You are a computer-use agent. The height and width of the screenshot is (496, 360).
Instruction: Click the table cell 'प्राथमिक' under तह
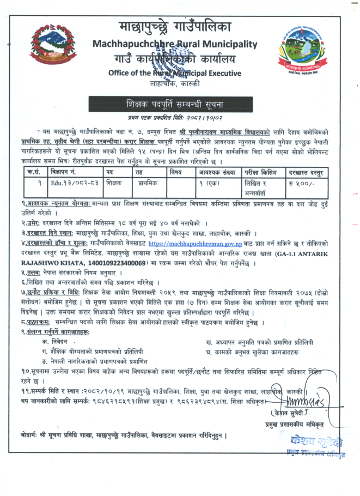pos(147,184)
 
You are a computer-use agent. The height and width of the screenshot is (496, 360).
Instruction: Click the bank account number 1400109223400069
pos(112,263)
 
